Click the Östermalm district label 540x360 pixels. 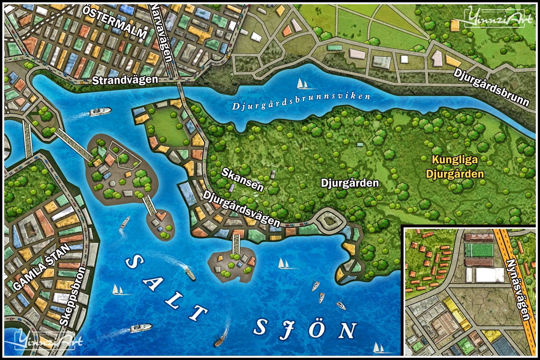click(x=115, y=22)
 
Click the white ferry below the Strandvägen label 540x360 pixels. click(x=100, y=111)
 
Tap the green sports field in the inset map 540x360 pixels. click(x=479, y=250)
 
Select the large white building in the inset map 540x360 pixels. click(x=489, y=275)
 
